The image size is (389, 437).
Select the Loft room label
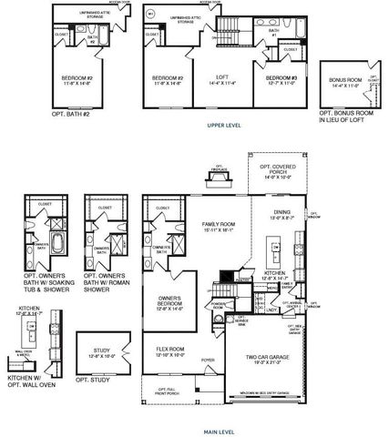point(219,80)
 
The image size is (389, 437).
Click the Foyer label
point(209,360)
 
